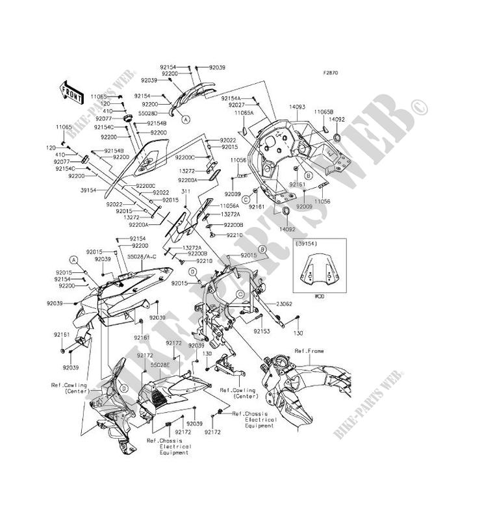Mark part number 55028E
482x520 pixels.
click(x=160, y=365)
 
